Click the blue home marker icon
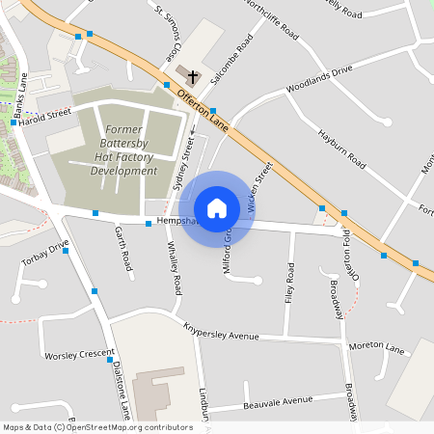tap(217, 208)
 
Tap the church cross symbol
tap(192, 75)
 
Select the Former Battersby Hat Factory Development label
tap(123, 149)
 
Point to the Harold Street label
tap(45, 118)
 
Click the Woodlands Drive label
tap(320, 79)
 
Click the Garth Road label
tap(122, 247)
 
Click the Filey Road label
tap(289, 285)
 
